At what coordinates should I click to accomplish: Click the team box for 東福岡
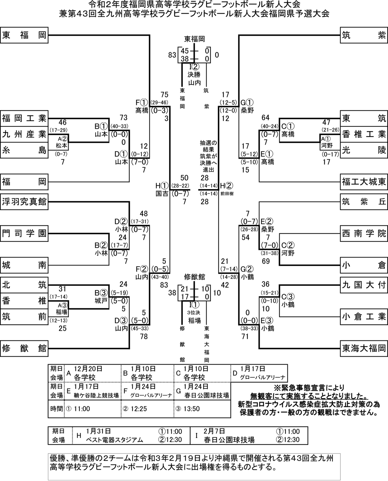click(x=24, y=35)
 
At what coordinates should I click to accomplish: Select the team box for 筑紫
click(x=363, y=35)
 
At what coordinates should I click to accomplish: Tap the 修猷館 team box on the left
click(x=24, y=348)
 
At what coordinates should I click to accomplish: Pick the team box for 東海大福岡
click(x=363, y=348)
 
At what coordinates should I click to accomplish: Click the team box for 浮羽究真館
click(x=24, y=202)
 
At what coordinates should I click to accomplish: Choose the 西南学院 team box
click(x=363, y=233)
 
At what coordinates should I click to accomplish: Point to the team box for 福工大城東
click(x=363, y=182)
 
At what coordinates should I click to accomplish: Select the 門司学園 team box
click(x=24, y=233)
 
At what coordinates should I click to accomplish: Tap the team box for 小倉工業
click(x=363, y=317)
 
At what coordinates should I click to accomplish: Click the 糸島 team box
click(x=24, y=150)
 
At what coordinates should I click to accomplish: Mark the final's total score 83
click(x=172, y=55)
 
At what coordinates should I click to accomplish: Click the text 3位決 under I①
click(x=194, y=313)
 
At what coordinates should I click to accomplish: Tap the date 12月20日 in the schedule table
click(x=88, y=369)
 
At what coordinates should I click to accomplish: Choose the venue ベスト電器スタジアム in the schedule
click(x=114, y=440)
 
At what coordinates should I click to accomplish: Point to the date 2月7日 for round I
click(x=215, y=431)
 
